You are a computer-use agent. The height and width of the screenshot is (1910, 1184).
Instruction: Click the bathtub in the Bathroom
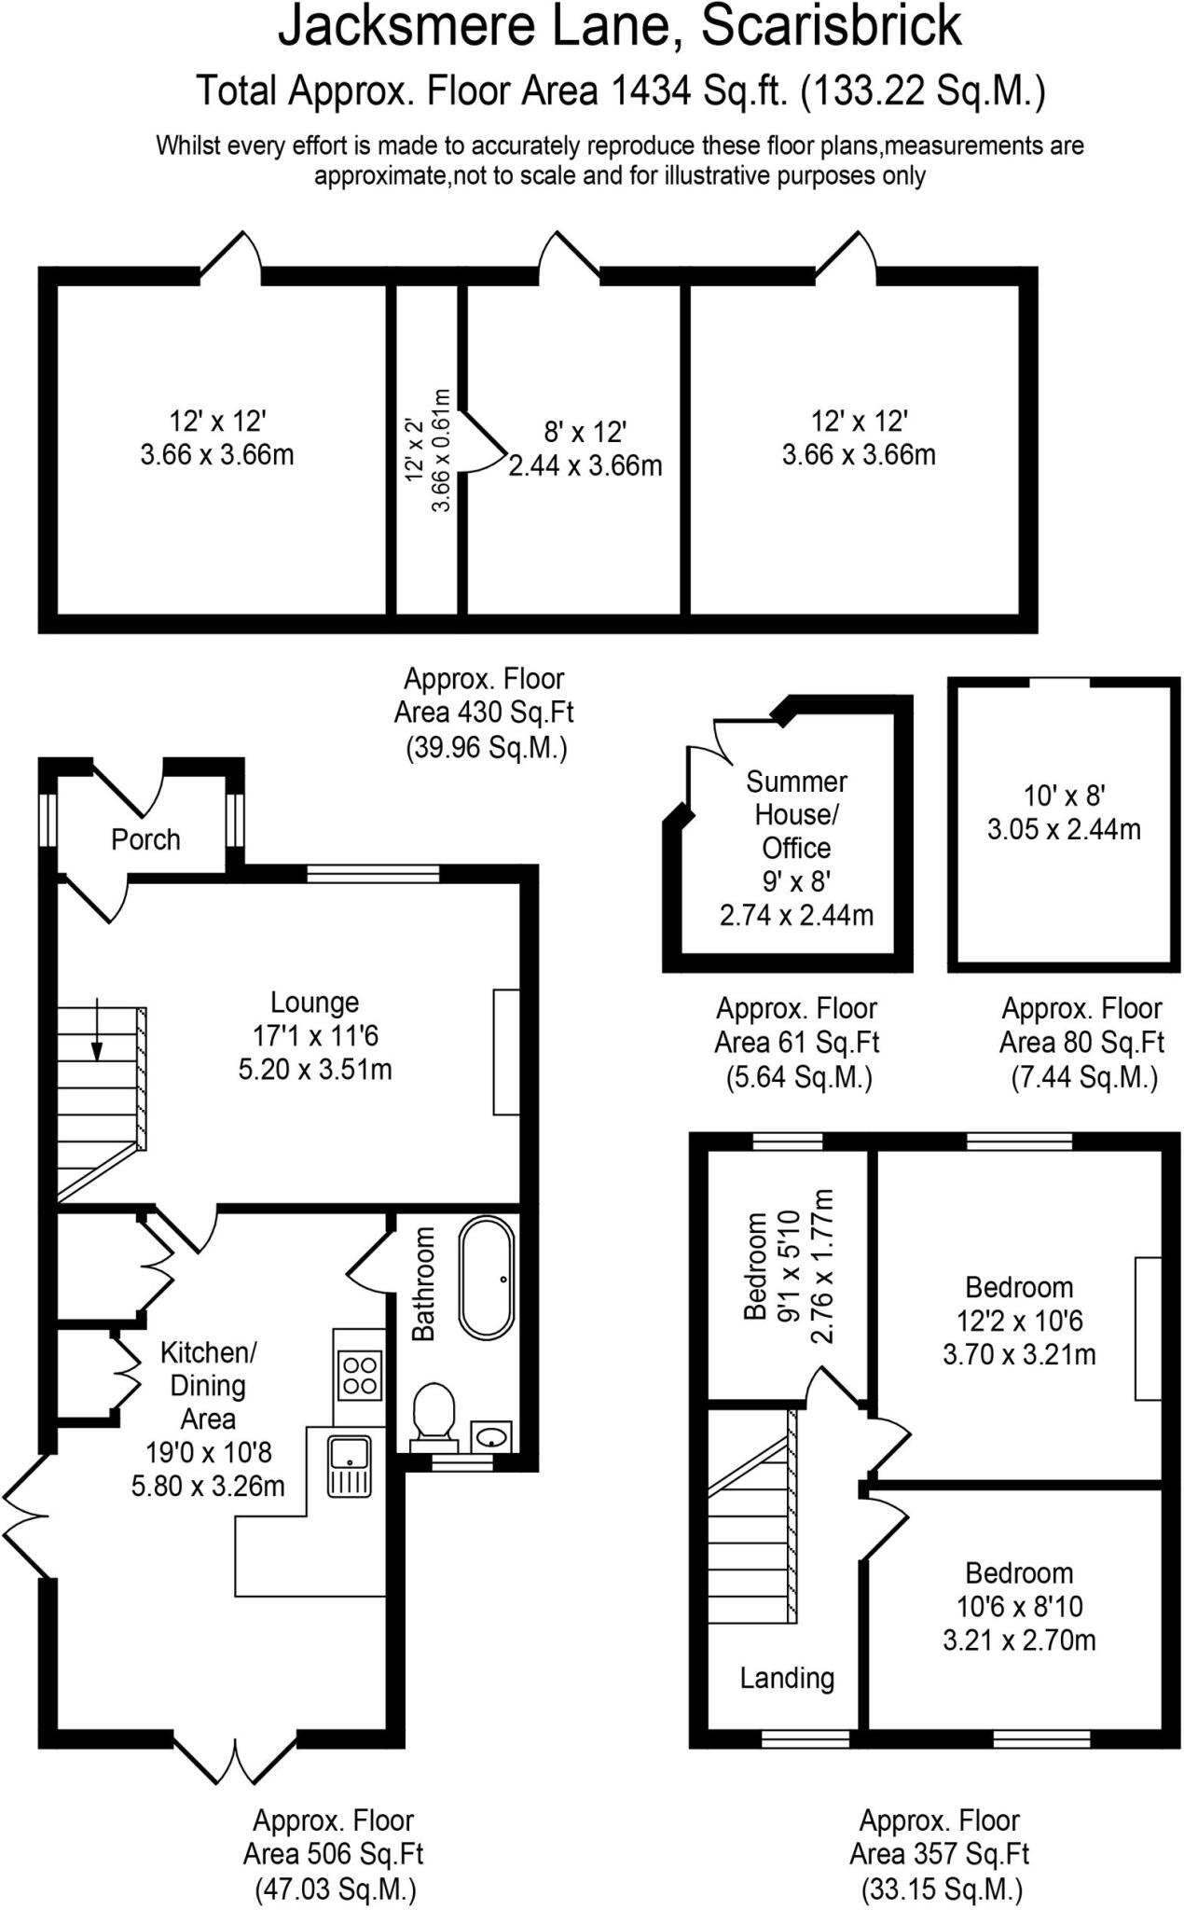pyautogui.click(x=486, y=1277)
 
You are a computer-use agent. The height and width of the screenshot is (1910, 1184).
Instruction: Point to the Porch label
pyautogui.click(x=145, y=839)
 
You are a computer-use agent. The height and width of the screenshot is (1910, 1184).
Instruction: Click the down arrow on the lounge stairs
pyautogui.click(x=97, y=1031)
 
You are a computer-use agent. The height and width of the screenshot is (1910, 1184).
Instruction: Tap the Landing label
pyautogui.click(x=787, y=1678)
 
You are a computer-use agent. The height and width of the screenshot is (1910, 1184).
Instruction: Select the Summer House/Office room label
pyautogui.click(x=796, y=814)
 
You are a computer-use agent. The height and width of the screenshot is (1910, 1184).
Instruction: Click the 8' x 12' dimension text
pyautogui.click(x=585, y=432)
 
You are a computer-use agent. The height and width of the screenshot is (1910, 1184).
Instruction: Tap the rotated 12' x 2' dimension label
pyautogui.click(x=415, y=450)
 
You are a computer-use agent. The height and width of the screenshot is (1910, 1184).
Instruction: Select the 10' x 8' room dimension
pyautogui.click(x=1064, y=796)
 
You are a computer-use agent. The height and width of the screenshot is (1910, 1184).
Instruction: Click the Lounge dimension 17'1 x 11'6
pyautogui.click(x=315, y=1035)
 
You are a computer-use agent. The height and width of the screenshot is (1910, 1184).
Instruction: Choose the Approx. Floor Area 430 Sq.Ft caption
pyautogui.click(x=485, y=713)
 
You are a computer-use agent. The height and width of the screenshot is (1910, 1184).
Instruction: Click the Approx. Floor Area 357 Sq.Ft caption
pyautogui.click(x=940, y=1854)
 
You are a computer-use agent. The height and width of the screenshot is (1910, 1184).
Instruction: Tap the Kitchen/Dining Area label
pyautogui.click(x=208, y=1385)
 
